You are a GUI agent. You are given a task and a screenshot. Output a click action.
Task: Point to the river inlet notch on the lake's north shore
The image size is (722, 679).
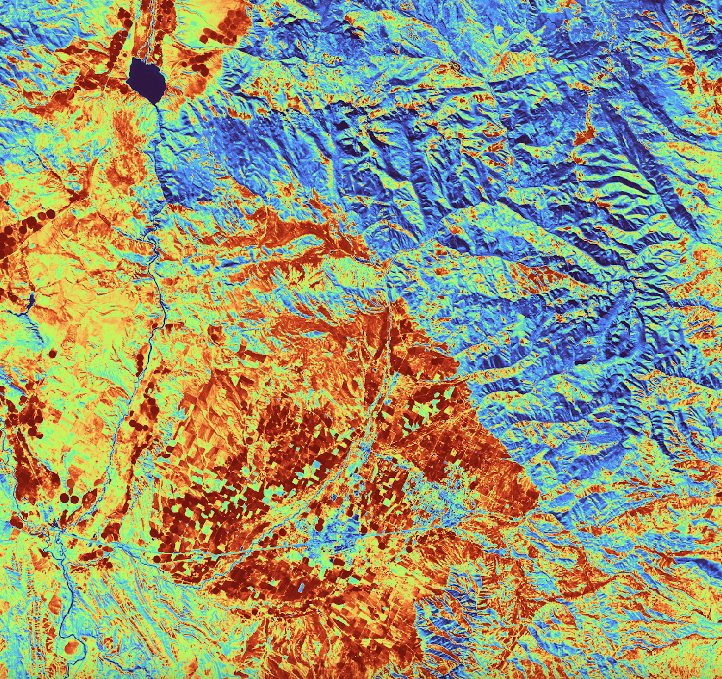142,60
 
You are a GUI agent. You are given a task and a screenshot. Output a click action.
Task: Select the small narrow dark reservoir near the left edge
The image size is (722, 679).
30,302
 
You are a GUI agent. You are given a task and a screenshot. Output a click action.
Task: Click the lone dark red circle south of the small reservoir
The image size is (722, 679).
53,354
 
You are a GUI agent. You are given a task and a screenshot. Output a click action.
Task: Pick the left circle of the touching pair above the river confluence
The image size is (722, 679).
65,497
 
